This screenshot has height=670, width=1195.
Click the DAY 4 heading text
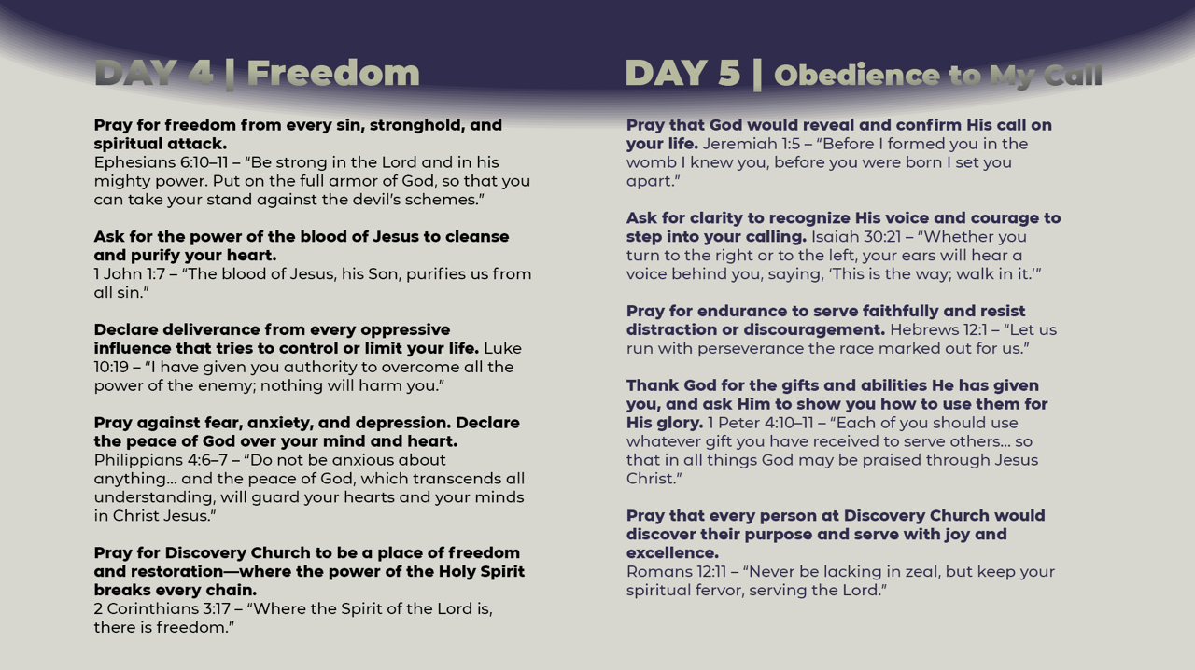coord(153,73)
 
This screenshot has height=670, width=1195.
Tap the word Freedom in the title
coord(333,73)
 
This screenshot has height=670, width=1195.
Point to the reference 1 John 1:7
coord(128,274)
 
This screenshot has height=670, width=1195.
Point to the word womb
coord(652,162)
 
